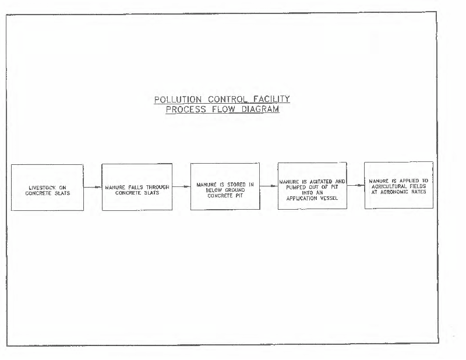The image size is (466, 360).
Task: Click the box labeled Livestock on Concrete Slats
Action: pos(47,188)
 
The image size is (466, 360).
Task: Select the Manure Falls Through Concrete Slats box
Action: pos(137,186)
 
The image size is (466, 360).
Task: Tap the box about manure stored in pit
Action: pos(225,186)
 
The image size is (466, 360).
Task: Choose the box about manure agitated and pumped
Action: pos(312,186)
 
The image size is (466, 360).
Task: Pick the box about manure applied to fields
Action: pos(398,185)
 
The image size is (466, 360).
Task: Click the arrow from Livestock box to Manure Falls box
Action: pos(93,188)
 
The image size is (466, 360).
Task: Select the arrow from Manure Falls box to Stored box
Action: pos(181,187)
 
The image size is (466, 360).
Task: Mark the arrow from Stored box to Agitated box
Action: pos(269,186)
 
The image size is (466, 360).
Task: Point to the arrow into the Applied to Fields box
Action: pos(355,186)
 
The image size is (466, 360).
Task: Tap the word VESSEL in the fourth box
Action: pos(327,197)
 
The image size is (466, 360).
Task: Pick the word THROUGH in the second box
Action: pos(155,188)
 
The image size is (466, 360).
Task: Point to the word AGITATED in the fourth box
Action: pos(320,182)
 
